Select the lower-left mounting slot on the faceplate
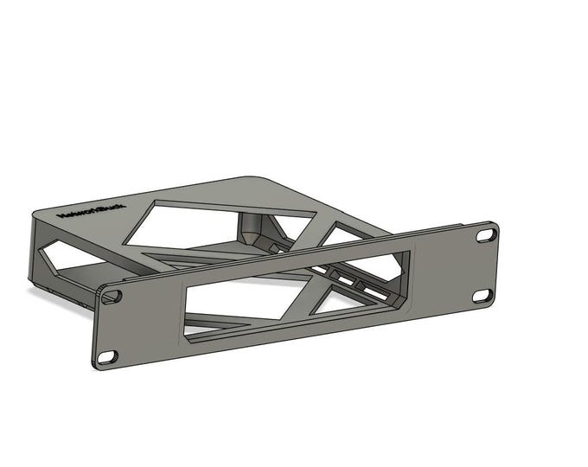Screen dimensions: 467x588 (x=107, y=356)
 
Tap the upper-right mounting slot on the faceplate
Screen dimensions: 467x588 (x=487, y=235)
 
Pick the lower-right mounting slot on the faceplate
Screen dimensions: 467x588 (x=482, y=296)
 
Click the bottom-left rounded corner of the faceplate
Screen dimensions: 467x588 (x=96, y=365)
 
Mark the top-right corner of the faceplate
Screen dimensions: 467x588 (x=496, y=224)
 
